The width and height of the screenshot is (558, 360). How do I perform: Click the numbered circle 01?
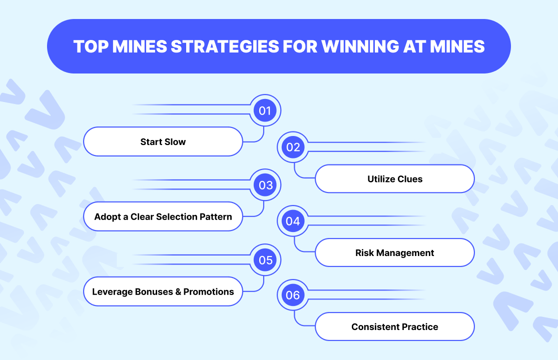(x=265, y=110)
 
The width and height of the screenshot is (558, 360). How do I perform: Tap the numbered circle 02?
(x=293, y=147)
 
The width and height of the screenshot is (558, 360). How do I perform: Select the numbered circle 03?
(x=265, y=185)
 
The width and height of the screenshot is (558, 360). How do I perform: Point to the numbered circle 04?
(x=293, y=221)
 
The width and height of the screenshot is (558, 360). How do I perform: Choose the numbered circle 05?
(x=265, y=260)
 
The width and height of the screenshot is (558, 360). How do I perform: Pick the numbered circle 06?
(x=293, y=295)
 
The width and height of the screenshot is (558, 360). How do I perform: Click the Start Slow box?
(x=163, y=141)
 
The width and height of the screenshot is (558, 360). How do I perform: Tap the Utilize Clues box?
(x=395, y=179)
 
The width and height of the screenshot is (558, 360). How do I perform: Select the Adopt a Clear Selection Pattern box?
(x=163, y=216)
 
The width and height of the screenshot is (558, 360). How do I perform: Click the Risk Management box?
(x=395, y=252)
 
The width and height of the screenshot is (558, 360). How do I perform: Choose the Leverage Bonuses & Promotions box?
(x=163, y=291)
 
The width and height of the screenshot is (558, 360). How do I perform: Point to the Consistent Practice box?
(x=395, y=326)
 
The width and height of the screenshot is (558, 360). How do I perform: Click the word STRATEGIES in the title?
(x=225, y=46)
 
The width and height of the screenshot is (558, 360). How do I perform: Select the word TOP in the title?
(x=91, y=46)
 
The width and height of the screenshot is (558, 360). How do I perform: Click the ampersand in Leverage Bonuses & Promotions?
(x=178, y=292)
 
